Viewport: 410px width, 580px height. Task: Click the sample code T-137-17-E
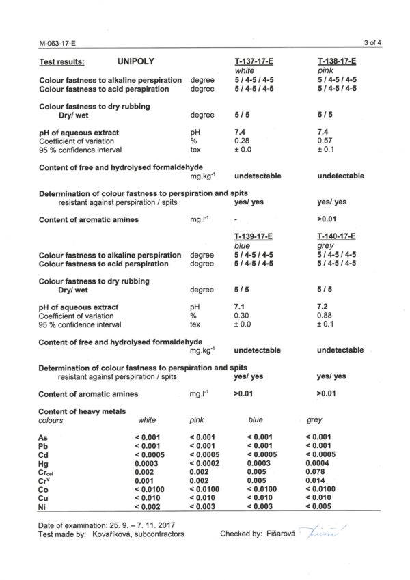point(254,61)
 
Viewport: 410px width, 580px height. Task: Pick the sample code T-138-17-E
point(338,61)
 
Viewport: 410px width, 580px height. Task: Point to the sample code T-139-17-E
point(254,236)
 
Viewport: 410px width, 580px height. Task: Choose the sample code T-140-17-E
point(338,236)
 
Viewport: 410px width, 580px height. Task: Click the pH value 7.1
point(239,307)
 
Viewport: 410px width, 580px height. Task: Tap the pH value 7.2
point(323,307)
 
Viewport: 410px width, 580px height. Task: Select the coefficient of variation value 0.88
point(325,316)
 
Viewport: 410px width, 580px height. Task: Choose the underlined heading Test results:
point(62,61)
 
